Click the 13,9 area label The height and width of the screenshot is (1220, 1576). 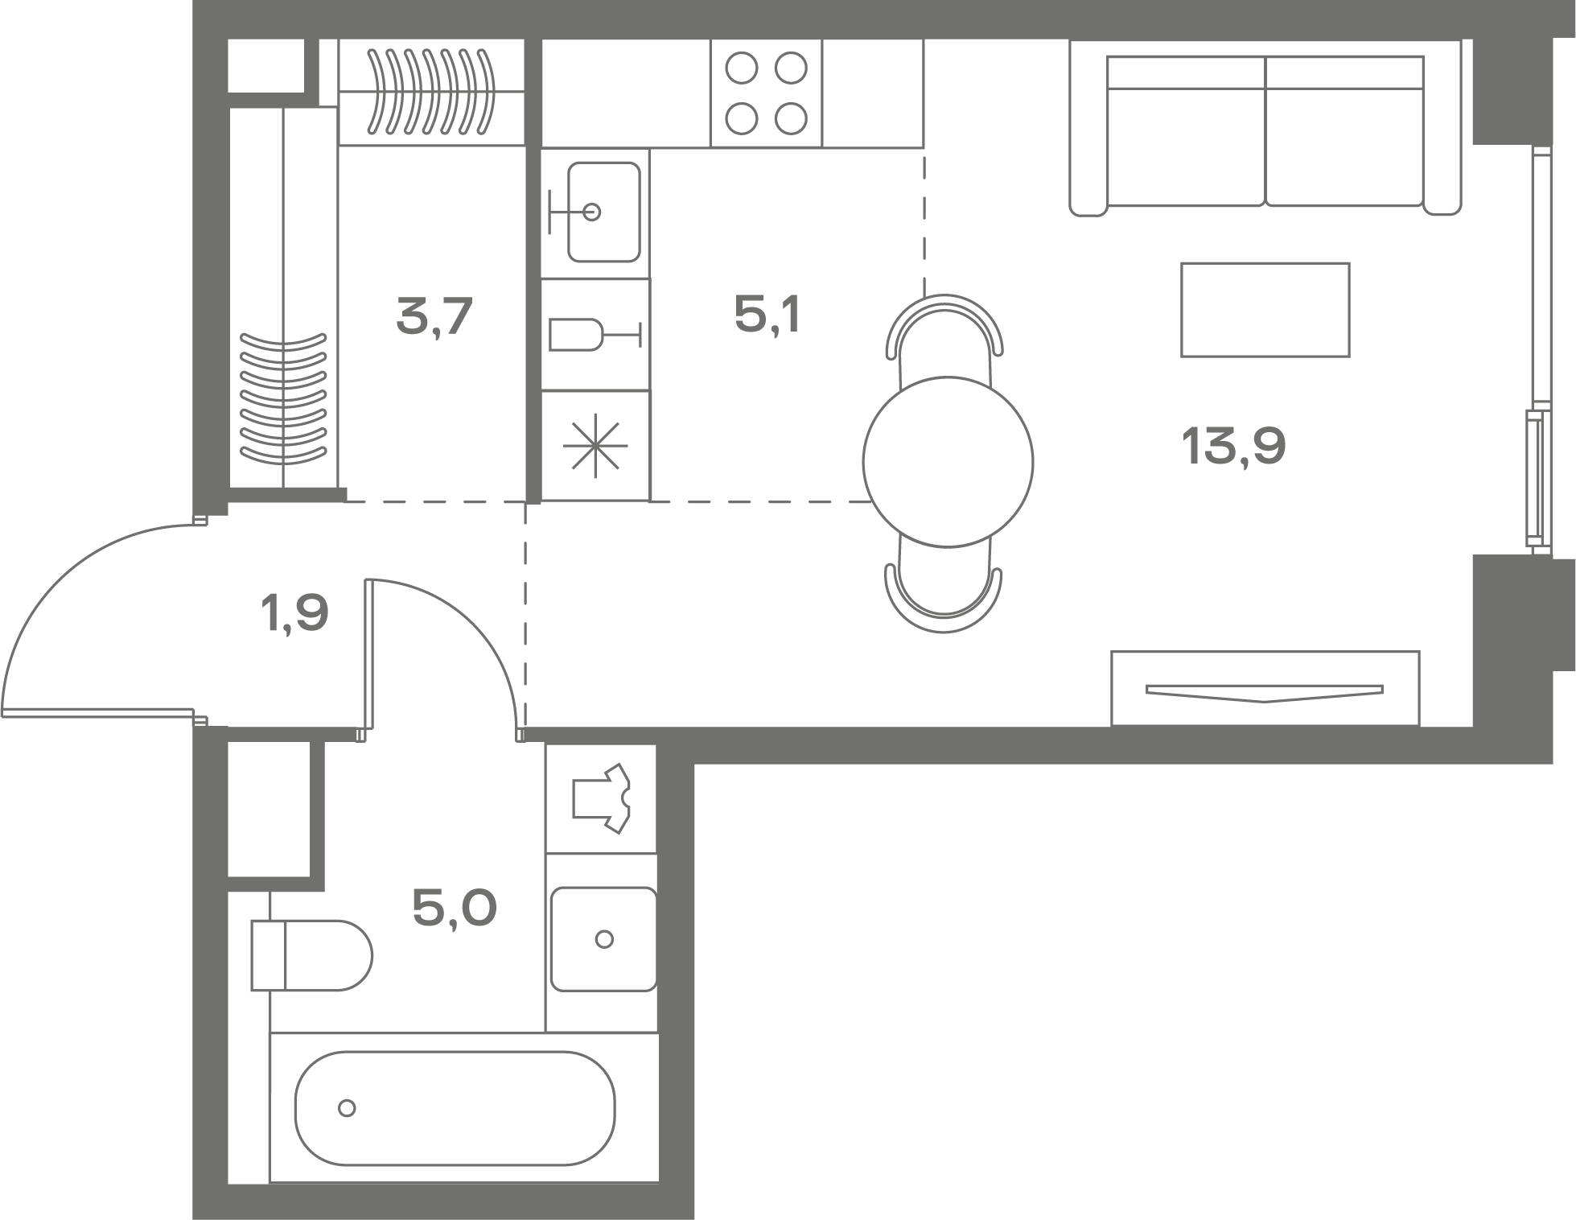point(1233,447)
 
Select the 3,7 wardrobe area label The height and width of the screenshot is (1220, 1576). point(434,316)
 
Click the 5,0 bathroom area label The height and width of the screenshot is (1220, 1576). point(455,909)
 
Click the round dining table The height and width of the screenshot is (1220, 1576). point(948,462)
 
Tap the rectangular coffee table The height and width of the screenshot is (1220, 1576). point(1265,310)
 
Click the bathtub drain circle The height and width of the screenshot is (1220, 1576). point(347,1108)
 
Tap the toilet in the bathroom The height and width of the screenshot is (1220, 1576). point(311,955)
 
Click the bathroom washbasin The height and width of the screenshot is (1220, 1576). point(604,939)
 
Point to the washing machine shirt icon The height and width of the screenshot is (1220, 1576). point(602,798)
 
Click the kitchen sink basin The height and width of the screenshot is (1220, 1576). point(604,212)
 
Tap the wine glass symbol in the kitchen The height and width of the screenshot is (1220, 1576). point(595,335)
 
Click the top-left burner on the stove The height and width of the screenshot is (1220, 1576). point(741,68)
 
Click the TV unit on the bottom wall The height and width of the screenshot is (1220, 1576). point(1265,688)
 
